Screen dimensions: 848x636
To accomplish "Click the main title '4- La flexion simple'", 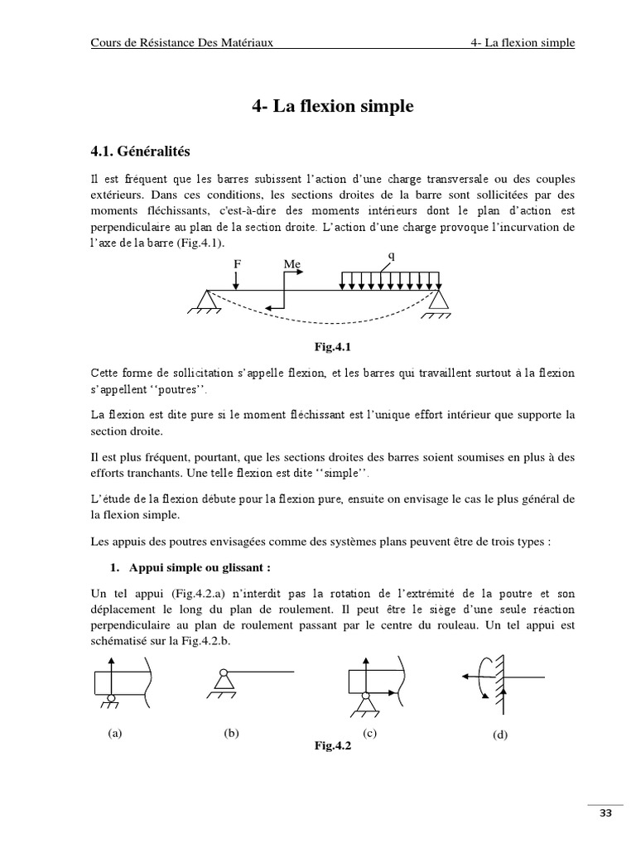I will pos(331,107).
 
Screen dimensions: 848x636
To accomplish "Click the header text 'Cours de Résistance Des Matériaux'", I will pos(181,43).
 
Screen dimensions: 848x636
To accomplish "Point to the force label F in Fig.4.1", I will pos(236,264).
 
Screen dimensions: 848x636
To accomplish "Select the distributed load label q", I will pos(391,256).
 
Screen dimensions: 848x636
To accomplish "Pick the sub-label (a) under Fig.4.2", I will pos(114,734).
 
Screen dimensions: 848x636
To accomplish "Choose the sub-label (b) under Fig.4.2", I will pos(231,734).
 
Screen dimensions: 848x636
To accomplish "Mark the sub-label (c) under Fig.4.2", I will pos(370,734).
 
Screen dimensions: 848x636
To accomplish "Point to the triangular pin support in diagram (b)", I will pos(222,682).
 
